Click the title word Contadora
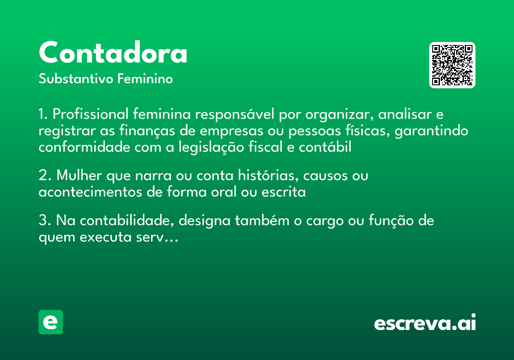point(113,53)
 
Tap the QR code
point(452,65)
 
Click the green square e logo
point(51,322)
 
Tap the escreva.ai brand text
point(425,323)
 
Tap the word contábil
point(325,147)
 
